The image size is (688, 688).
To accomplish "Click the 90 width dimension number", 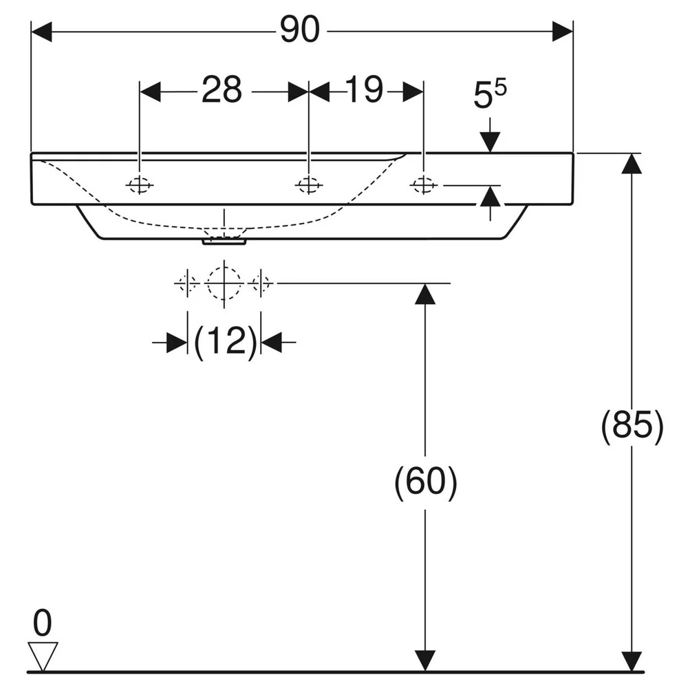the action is pyautogui.click(x=300, y=30).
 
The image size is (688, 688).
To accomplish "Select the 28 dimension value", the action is pyautogui.click(x=222, y=90).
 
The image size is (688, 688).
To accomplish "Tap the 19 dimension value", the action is pyautogui.click(x=364, y=89).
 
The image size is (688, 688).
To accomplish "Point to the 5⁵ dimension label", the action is pyautogui.click(x=490, y=94).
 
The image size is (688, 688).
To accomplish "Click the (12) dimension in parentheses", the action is pyautogui.click(x=225, y=342).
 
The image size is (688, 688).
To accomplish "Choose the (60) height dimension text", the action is pyautogui.click(x=426, y=482).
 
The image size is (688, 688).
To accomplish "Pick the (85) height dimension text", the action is pyautogui.click(x=632, y=425).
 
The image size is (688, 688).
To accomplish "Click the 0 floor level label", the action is pyautogui.click(x=42, y=623).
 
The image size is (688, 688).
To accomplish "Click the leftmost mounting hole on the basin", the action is pyautogui.click(x=139, y=185).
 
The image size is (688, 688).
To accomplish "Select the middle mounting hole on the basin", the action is pyautogui.click(x=309, y=185).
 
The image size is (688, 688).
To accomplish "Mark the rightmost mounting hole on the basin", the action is pyautogui.click(x=423, y=186).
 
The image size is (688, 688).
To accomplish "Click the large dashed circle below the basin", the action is pyautogui.click(x=224, y=283).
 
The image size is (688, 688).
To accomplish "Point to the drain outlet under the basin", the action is pyautogui.click(x=224, y=241).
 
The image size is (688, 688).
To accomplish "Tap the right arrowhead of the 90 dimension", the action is pyautogui.click(x=563, y=32).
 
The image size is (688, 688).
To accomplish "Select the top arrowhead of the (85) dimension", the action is pyautogui.click(x=632, y=164).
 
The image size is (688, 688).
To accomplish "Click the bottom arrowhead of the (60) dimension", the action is pyautogui.click(x=424, y=660).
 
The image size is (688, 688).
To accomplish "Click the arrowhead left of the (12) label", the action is pyautogui.click(x=177, y=342).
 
